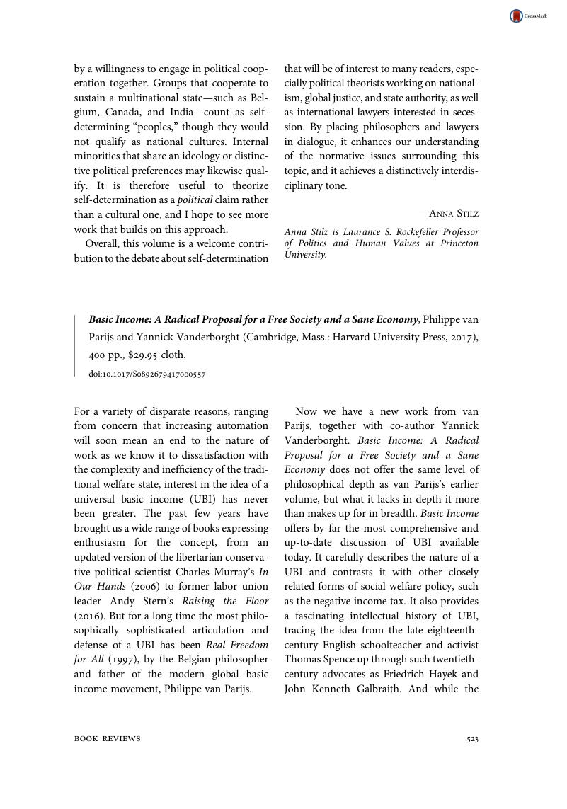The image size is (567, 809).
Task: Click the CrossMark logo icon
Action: click(x=517, y=16)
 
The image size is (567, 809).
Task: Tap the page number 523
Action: click(x=472, y=739)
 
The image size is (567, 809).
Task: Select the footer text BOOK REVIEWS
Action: click(x=108, y=739)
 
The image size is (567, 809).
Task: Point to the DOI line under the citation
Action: click(x=147, y=374)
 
